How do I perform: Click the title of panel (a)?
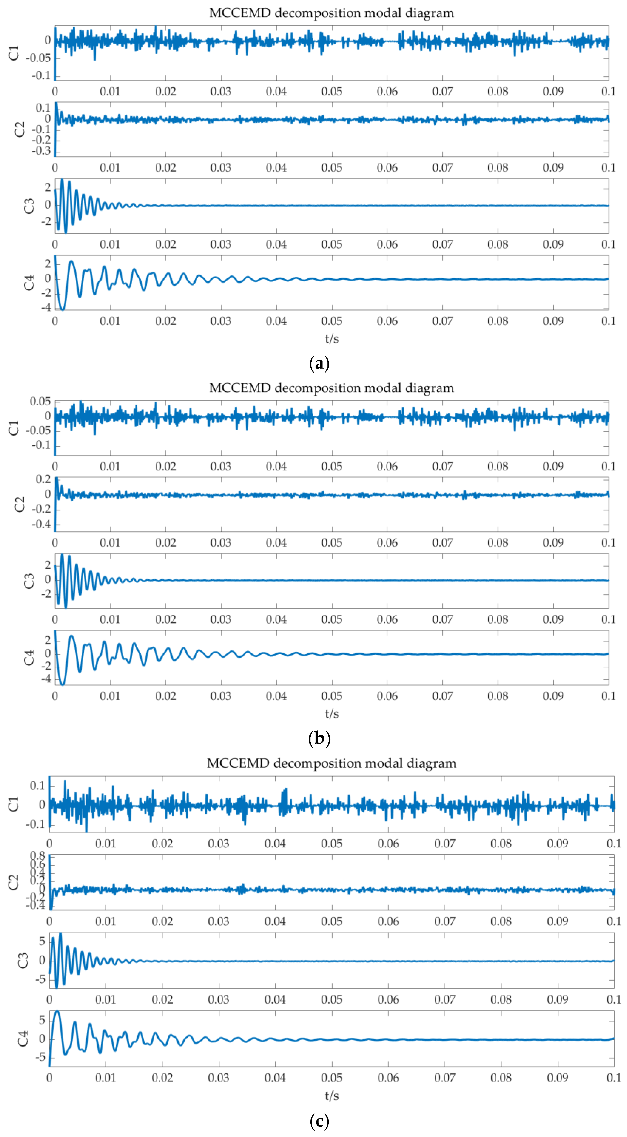tap(331, 13)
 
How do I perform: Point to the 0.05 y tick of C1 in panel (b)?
tap(40, 401)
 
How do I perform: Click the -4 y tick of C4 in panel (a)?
tap(46, 307)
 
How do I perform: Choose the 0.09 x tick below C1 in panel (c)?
tap(557, 843)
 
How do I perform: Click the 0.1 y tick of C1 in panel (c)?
tap(37, 786)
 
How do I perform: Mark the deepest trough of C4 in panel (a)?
tap(62, 310)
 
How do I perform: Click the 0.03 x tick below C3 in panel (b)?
tap(221, 619)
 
